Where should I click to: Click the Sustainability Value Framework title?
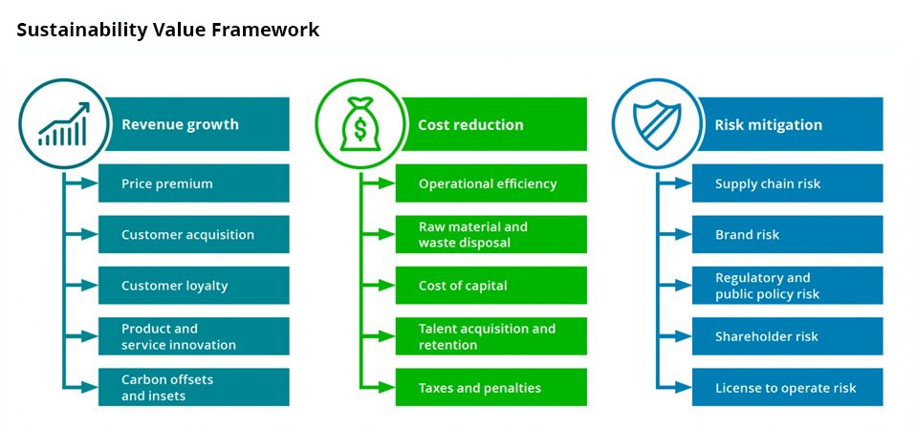coord(167,31)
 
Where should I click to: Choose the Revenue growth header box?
coord(196,124)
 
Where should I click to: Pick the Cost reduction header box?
coord(492,124)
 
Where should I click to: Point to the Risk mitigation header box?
coord(789,124)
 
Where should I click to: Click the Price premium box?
coord(193,183)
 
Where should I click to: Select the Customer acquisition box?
coord(193,234)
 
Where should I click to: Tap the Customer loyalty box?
coord(193,286)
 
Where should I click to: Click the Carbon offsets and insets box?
coord(193,388)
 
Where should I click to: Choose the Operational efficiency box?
coord(491,183)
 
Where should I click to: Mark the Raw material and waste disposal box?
coord(491,234)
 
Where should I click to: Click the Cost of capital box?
coord(491,286)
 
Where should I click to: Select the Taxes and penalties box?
coord(491,388)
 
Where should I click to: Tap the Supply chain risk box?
coord(787,183)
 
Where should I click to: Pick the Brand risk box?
coord(787,234)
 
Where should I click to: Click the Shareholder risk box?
coord(787,336)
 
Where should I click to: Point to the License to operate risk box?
coord(787,388)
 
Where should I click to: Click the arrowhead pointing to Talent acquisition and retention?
coord(387,336)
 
